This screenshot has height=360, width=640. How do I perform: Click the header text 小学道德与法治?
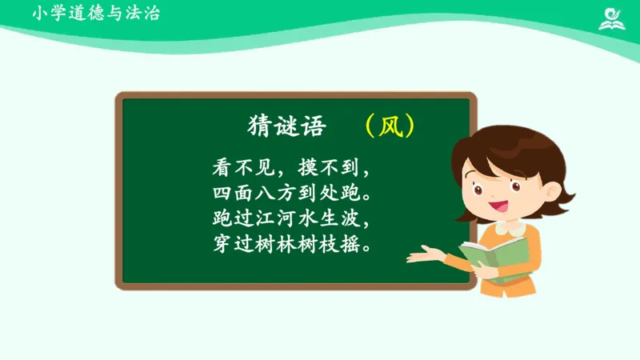click(x=96, y=14)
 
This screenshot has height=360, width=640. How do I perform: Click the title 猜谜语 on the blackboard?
click(x=277, y=127)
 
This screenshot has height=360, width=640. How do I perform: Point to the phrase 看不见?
click(x=238, y=169)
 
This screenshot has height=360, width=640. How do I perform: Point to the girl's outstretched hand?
click(x=422, y=256)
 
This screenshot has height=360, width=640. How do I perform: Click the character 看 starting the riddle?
click(x=222, y=169)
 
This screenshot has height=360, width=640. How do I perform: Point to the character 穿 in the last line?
click(x=222, y=242)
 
